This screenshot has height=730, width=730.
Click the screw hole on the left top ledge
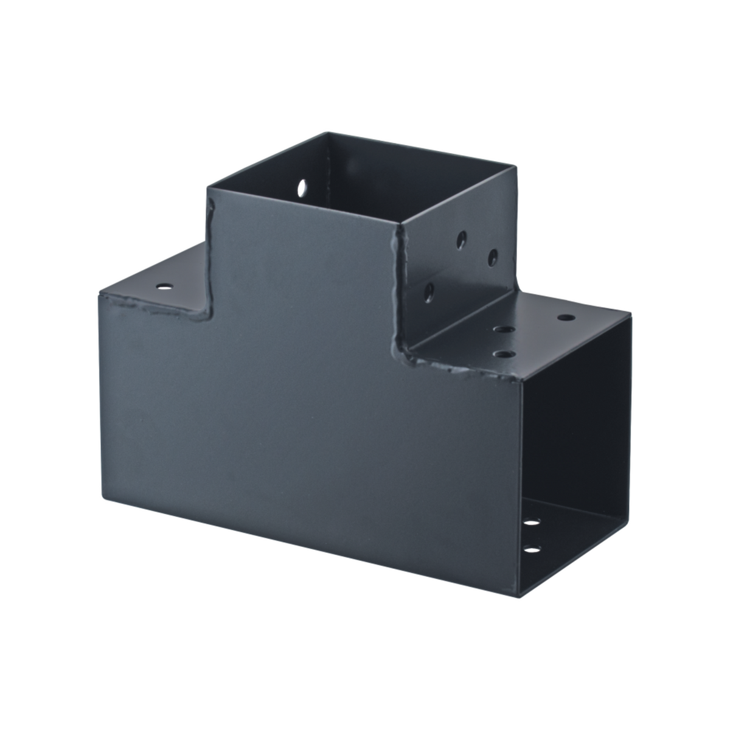tap(163, 285)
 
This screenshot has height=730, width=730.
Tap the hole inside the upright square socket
tap(302, 187)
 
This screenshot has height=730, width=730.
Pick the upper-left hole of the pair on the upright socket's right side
tap(462, 239)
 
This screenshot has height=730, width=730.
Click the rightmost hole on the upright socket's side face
tap(493, 257)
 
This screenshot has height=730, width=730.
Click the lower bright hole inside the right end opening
tap(532, 550)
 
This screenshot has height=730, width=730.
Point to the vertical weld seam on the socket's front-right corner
tap(400, 292)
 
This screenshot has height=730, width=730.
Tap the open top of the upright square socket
tap(365, 182)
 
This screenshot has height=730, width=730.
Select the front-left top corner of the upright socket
tap(208, 190)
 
